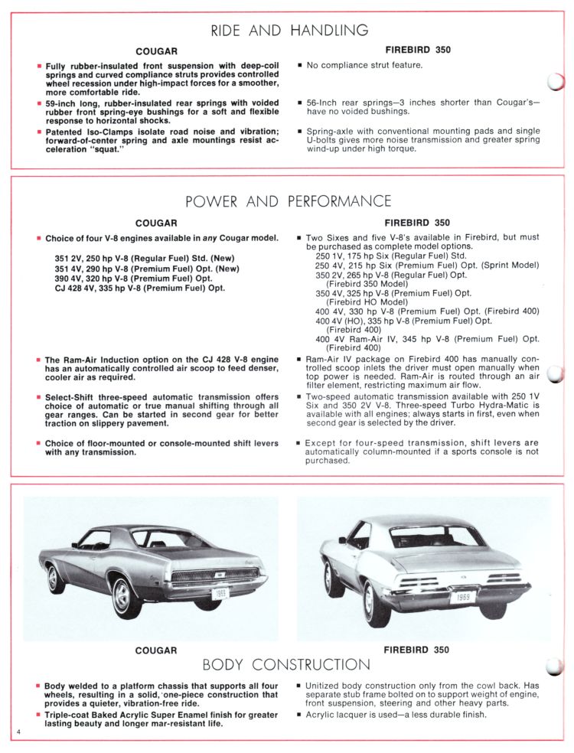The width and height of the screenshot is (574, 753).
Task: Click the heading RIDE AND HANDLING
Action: click(289, 31)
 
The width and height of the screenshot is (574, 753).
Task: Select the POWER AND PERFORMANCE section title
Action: click(289, 202)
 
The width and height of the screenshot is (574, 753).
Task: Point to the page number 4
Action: click(15, 734)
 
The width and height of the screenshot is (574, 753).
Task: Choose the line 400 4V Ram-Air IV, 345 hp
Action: click(426, 338)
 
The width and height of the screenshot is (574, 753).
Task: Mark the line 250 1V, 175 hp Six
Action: click(389, 256)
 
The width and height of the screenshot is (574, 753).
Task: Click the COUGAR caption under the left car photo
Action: click(156, 650)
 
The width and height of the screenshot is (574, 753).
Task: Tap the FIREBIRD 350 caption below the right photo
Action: click(417, 650)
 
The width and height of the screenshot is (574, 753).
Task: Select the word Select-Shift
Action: click(73, 396)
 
